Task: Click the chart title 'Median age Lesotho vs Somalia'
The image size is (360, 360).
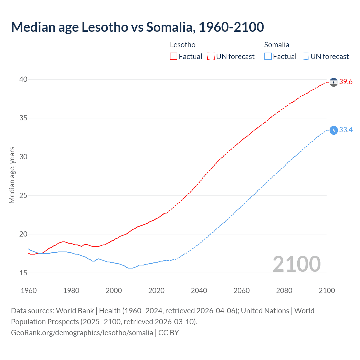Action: [137, 27]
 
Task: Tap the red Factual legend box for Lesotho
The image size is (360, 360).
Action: [174, 57]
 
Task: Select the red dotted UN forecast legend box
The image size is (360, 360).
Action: [211, 57]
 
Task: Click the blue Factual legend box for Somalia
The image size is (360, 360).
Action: [268, 57]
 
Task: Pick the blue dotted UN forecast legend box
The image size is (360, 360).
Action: [305, 57]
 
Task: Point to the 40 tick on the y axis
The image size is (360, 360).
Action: [23, 79]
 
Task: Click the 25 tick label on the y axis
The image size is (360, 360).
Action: [23, 195]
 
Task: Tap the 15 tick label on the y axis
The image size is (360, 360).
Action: [23, 273]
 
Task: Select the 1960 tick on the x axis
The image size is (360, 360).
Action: [29, 291]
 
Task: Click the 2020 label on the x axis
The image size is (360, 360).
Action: [156, 291]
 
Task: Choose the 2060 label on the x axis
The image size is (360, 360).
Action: [242, 291]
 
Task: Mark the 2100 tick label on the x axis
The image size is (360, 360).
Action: [327, 291]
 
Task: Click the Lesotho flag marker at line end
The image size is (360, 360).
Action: [334, 82]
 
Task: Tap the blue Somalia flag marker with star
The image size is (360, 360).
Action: [334, 130]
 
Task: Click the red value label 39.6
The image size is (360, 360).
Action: [346, 82]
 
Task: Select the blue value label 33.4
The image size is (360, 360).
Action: [346, 130]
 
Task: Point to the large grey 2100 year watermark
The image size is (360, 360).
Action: [297, 264]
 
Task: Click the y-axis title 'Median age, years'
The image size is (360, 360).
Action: [12, 175]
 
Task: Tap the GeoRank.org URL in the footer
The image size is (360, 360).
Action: [82, 333]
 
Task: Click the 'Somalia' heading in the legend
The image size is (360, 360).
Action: [277, 45]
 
